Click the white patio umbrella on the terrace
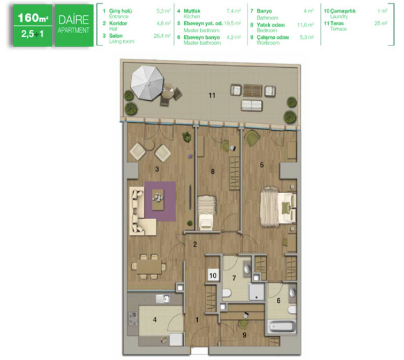click(147, 82)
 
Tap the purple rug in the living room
click(160, 202)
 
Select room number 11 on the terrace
click(212, 95)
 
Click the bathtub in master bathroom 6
click(282, 327)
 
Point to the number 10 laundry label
click(213, 276)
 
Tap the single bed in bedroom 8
click(206, 213)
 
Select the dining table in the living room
click(149, 266)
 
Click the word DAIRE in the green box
click(74, 20)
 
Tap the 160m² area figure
click(33, 18)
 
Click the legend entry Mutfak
click(192, 11)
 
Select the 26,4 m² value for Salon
click(162, 36)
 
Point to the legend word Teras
click(337, 24)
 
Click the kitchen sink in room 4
click(163, 299)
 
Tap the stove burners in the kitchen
click(133, 319)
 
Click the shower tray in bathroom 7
click(256, 292)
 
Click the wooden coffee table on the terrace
click(253, 91)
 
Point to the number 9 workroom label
click(244, 335)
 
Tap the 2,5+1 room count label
click(32, 34)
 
